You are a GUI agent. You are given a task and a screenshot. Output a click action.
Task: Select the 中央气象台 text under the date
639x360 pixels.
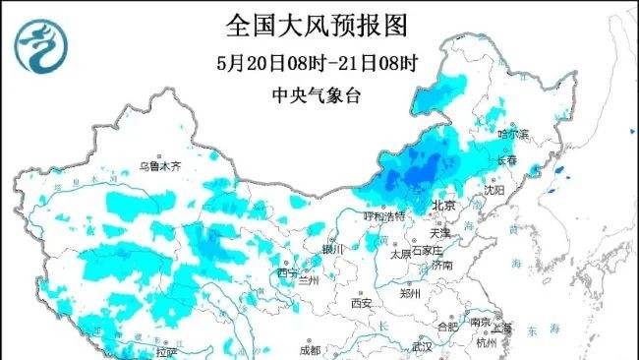coord(318,95)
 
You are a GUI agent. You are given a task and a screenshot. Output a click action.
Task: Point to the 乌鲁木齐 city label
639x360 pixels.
coord(160,167)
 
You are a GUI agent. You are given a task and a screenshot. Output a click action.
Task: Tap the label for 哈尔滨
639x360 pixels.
coord(512,133)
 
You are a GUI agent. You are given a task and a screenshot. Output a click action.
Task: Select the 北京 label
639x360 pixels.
coord(444,205)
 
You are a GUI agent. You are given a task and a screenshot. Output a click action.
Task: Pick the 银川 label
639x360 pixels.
coord(334,249)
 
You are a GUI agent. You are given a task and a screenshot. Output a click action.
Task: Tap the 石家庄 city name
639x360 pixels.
coord(430,252)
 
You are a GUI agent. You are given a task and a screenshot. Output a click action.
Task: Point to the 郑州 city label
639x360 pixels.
coord(411,292)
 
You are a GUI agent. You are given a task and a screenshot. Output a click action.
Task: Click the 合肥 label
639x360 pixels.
coord(447,326)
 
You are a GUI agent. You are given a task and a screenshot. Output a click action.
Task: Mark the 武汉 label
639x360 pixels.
coord(423,346)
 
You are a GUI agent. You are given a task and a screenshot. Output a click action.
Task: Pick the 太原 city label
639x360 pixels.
coord(399,252)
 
